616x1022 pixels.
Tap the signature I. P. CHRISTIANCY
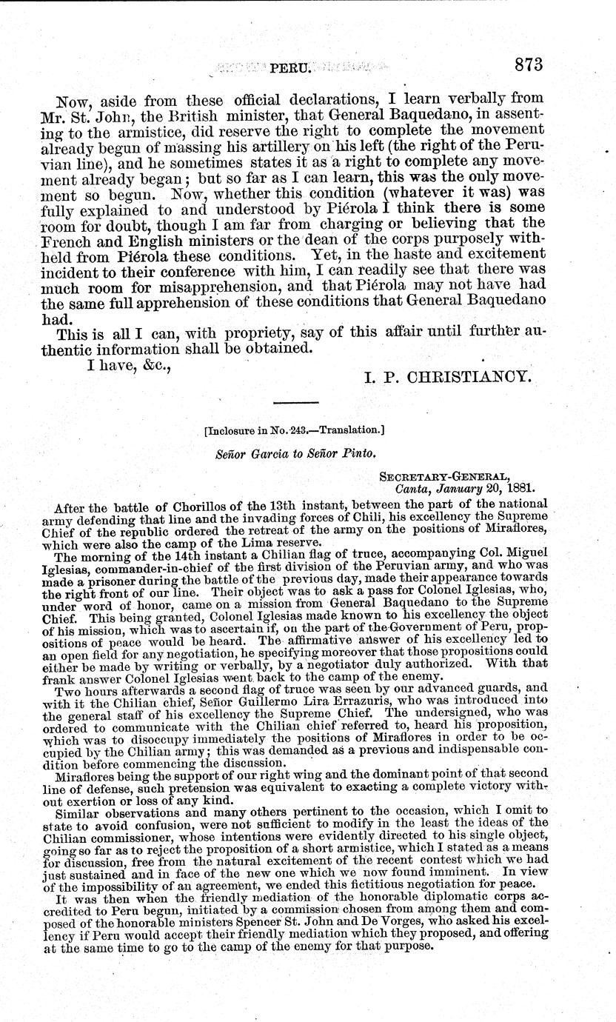pyautogui.click(x=448, y=375)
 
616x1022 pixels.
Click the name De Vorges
pyautogui.click(x=401, y=912)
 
